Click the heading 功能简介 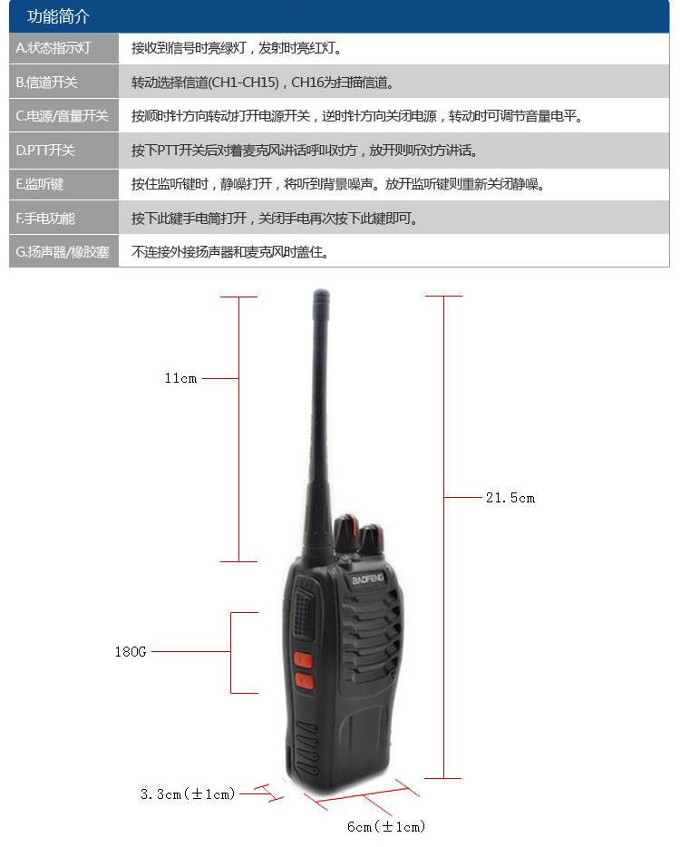(x=58, y=16)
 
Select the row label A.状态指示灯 (x=53, y=48)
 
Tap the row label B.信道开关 (x=46, y=83)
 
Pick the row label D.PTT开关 (x=44, y=151)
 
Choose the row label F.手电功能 (x=45, y=219)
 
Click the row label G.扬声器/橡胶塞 (x=63, y=252)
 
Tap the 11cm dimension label (x=180, y=378)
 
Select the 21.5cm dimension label (x=510, y=498)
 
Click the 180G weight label (x=131, y=651)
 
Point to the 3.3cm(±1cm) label (x=188, y=794)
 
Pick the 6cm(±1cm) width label (x=386, y=826)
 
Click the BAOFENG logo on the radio (x=368, y=579)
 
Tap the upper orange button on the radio (x=303, y=659)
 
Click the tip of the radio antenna (x=321, y=291)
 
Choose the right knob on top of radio (x=372, y=539)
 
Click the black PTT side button (x=303, y=614)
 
